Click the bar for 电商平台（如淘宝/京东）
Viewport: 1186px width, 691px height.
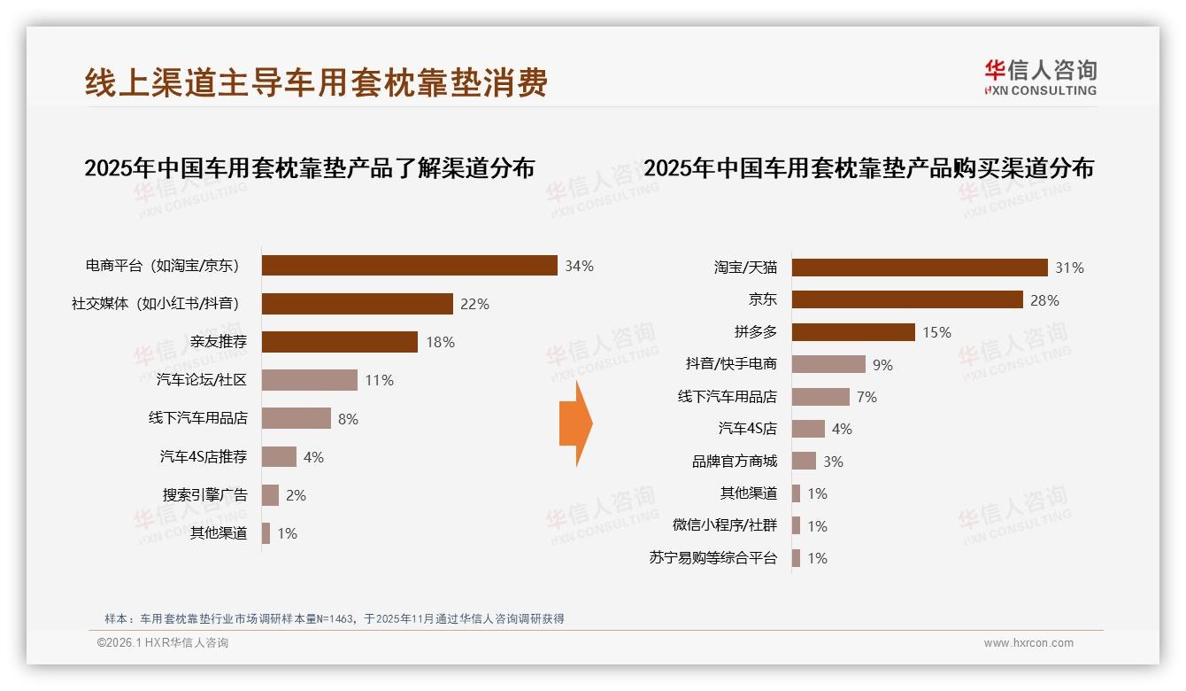409,266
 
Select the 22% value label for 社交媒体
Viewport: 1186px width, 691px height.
474,304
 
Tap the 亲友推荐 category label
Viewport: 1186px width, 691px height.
219,342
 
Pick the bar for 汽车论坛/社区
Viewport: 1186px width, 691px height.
310,380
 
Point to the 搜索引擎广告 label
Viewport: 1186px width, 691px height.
204,495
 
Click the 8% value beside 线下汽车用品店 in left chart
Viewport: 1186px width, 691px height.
348,419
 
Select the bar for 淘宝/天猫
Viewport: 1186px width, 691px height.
920,268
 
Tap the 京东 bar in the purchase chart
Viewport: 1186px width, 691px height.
907,299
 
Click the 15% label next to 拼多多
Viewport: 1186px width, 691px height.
936,332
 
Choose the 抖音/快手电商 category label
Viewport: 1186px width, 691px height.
731,364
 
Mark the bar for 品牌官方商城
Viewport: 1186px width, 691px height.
804,461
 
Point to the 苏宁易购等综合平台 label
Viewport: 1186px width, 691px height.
712,558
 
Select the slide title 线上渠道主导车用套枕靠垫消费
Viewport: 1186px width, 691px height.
316,82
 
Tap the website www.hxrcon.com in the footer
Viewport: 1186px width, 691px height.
1028,643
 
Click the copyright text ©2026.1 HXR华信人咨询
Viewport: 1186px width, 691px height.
163,643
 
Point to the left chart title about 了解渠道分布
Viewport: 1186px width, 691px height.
309,168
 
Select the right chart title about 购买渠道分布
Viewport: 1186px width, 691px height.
868,168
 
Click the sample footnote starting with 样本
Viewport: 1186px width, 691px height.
334,619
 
